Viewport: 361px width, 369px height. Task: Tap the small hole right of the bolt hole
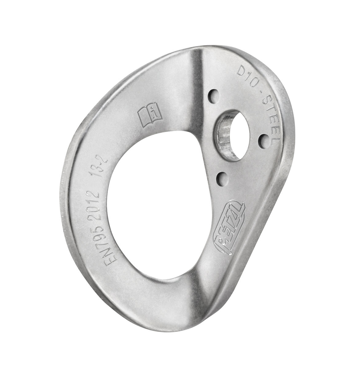click(x=263, y=140)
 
